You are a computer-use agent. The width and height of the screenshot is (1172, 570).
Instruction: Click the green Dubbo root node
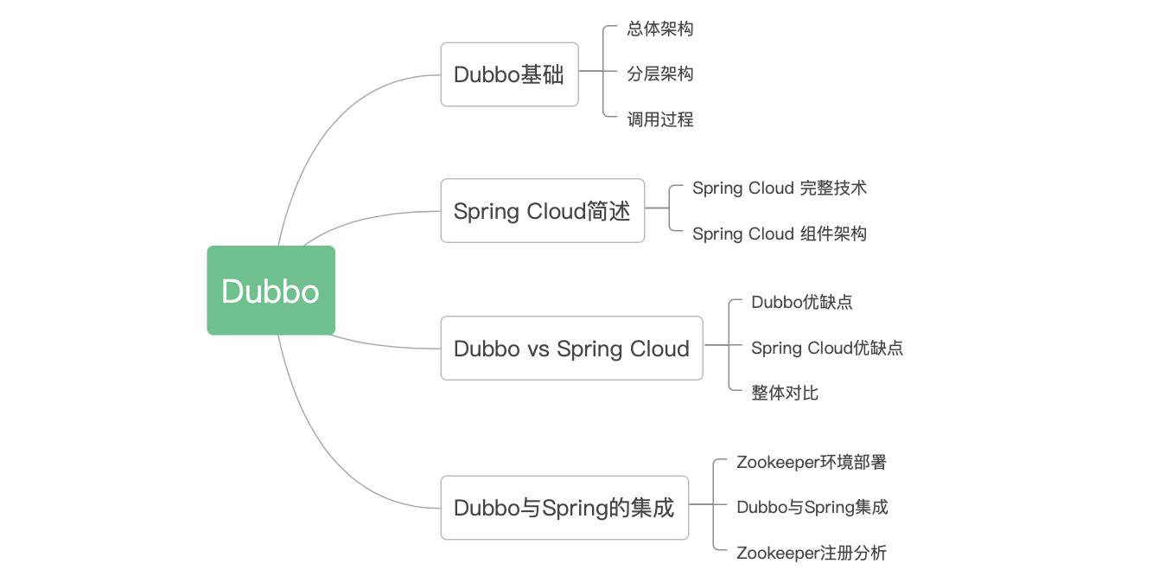(271, 290)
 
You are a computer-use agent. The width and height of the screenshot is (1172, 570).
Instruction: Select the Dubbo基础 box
(510, 74)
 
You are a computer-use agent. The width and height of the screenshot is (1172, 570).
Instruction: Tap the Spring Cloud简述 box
(543, 210)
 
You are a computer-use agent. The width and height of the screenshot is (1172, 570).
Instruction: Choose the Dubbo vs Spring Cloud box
(572, 348)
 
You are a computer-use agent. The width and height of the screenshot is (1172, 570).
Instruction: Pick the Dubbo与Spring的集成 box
(564, 507)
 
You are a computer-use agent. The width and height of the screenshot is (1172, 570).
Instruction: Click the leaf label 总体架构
(660, 29)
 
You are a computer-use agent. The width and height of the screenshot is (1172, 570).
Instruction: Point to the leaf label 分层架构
(660, 74)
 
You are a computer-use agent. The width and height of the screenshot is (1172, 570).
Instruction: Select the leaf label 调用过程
(660, 119)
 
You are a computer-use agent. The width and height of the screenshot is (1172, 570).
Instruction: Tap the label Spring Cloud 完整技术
(780, 188)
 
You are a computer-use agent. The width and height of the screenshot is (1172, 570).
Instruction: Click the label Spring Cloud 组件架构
(780, 234)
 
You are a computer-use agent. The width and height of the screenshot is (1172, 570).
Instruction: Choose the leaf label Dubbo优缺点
(802, 302)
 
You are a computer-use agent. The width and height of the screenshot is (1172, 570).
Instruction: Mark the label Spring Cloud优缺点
(827, 348)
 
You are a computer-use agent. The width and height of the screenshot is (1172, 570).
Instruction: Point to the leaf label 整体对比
(785, 393)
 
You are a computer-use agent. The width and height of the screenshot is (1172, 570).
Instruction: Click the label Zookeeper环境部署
(812, 462)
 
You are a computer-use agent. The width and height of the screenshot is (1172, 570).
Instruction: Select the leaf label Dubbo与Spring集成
(812, 507)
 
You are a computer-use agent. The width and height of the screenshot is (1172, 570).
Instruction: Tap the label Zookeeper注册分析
(812, 553)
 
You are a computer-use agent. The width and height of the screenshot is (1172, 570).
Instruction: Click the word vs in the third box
(538, 349)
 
